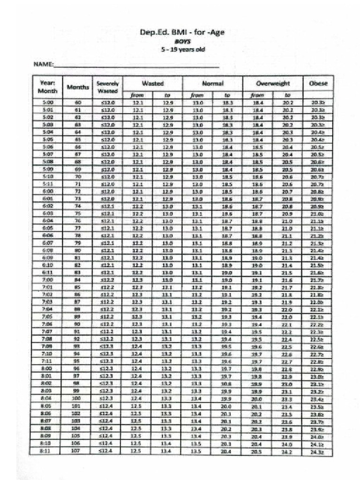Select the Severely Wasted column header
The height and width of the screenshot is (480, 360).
(x=106, y=87)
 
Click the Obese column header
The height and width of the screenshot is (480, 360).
(x=318, y=83)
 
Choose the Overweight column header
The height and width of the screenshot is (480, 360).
(x=272, y=83)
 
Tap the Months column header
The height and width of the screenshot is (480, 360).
(x=78, y=87)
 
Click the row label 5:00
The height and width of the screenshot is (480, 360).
(x=48, y=102)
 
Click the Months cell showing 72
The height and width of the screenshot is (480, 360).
(x=78, y=192)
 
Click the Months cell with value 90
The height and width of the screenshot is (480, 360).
(x=78, y=324)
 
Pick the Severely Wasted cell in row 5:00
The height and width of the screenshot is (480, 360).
(x=106, y=102)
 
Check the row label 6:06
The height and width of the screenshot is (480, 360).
(x=48, y=236)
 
